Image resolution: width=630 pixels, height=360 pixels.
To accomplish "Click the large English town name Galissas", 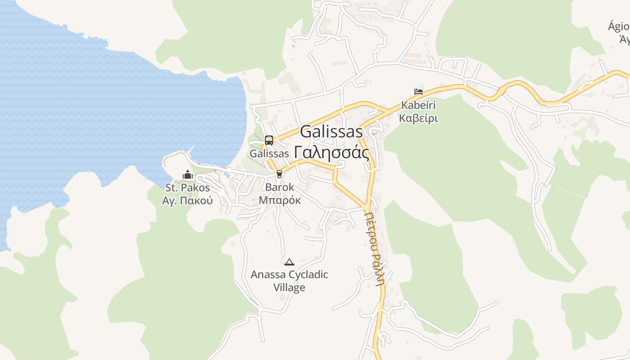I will [x=331, y=132].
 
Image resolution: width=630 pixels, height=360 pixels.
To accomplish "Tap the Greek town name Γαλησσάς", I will [x=331, y=152].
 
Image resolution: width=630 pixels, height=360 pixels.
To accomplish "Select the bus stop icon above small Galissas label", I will [x=269, y=140].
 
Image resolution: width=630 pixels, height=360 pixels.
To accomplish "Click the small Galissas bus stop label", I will [x=269, y=153].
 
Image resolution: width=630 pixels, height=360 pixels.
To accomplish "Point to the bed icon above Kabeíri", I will [x=418, y=92].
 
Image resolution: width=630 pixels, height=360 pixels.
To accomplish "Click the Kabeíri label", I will [x=418, y=106].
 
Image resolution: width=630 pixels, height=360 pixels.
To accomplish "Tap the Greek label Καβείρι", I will [x=418, y=119].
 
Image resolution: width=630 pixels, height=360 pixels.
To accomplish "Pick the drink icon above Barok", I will [x=279, y=174].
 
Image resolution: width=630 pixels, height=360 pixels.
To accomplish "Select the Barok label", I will [x=279, y=187].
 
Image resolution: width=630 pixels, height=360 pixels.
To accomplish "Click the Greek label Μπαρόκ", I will [x=279, y=199].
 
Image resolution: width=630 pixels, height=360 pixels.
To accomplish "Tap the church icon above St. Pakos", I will [x=188, y=175].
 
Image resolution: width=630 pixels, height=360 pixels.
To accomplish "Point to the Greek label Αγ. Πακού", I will [x=188, y=201].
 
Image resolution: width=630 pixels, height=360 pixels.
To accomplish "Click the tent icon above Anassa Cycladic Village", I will [x=289, y=262].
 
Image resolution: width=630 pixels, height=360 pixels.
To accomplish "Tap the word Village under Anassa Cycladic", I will [x=289, y=288].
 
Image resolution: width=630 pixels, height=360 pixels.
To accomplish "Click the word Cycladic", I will [x=308, y=274].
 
